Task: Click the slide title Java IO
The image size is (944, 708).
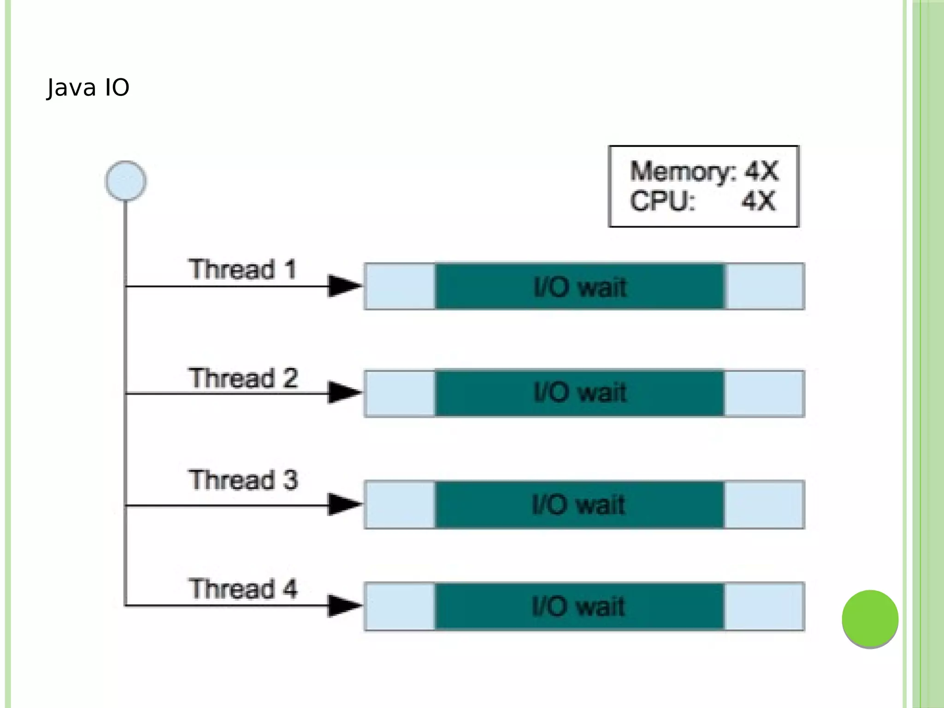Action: tap(88, 88)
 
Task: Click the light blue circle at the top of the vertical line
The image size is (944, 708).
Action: tap(126, 181)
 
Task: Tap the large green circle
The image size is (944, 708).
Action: tap(870, 619)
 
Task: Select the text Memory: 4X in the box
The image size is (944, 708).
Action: tap(704, 171)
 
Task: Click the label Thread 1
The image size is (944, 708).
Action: tap(242, 269)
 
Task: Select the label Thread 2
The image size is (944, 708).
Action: tap(242, 378)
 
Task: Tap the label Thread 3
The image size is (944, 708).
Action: tap(242, 480)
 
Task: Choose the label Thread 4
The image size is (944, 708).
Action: tap(242, 589)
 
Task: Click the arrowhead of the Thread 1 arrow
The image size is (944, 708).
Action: tap(344, 286)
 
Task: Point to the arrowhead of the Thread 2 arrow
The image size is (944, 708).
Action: tap(344, 393)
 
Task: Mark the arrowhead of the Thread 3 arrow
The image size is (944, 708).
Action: tap(344, 505)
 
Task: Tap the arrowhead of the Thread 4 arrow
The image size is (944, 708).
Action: tap(344, 606)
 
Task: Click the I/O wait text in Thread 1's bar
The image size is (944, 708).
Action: tap(580, 287)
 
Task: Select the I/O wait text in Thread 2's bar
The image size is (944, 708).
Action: tap(580, 393)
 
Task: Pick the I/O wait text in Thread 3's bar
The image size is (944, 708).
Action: tap(578, 504)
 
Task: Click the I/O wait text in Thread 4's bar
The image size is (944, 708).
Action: tap(578, 606)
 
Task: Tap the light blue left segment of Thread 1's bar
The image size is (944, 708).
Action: tap(400, 286)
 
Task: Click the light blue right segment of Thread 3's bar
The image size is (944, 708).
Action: tap(764, 504)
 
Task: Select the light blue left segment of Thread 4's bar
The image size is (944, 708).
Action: tap(400, 606)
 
